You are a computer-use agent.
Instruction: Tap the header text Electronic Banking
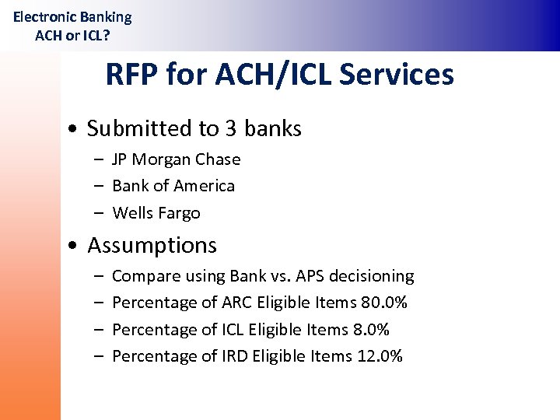(x=72, y=16)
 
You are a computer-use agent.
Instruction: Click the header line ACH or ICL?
(x=72, y=35)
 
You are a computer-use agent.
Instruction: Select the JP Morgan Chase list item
(x=176, y=159)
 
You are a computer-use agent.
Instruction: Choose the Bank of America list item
(x=173, y=186)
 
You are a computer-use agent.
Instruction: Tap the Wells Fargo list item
(x=156, y=213)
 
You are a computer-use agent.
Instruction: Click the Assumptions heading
(x=152, y=245)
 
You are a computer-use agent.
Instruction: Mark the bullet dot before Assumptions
(x=72, y=247)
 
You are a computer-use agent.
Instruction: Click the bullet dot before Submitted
(x=72, y=130)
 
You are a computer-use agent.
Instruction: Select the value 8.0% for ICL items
(x=371, y=330)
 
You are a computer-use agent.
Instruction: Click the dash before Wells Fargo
(x=100, y=213)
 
